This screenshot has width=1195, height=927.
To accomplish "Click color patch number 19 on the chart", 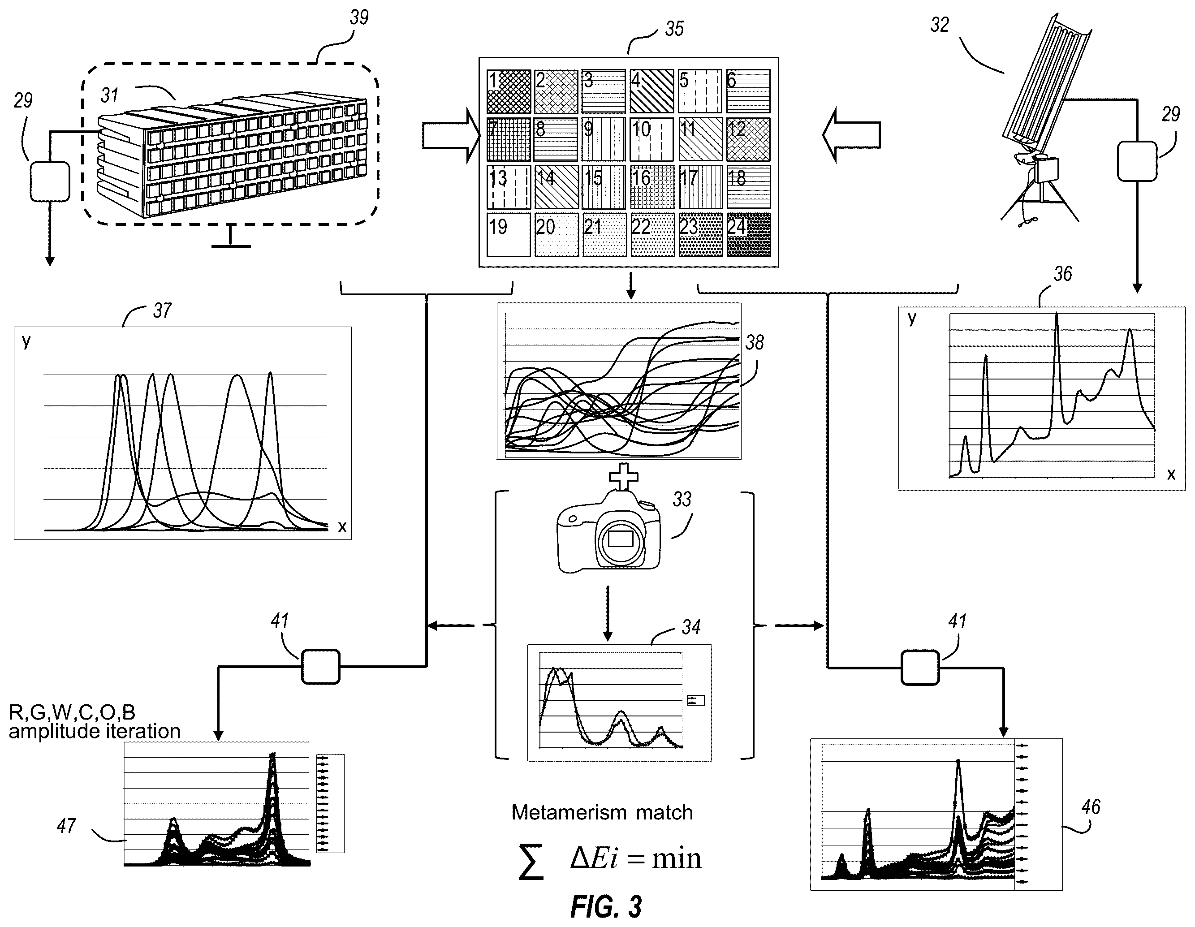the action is coord(508,235).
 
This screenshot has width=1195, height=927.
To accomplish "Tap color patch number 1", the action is coord(508,91).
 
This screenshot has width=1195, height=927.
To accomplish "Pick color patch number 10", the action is coord(651,139).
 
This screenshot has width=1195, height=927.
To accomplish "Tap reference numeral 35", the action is coord(674,29).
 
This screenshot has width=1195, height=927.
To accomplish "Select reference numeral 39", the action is coord(359,17).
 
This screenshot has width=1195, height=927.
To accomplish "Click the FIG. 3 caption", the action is coord(606,906).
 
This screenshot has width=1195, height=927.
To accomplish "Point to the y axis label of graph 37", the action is coord(26,341).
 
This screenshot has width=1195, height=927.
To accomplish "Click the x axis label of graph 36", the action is coord(1171,474).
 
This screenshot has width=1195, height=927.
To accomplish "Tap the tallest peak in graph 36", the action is coord(1057,314).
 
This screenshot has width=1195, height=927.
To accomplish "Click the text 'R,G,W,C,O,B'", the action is coord(72,712).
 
